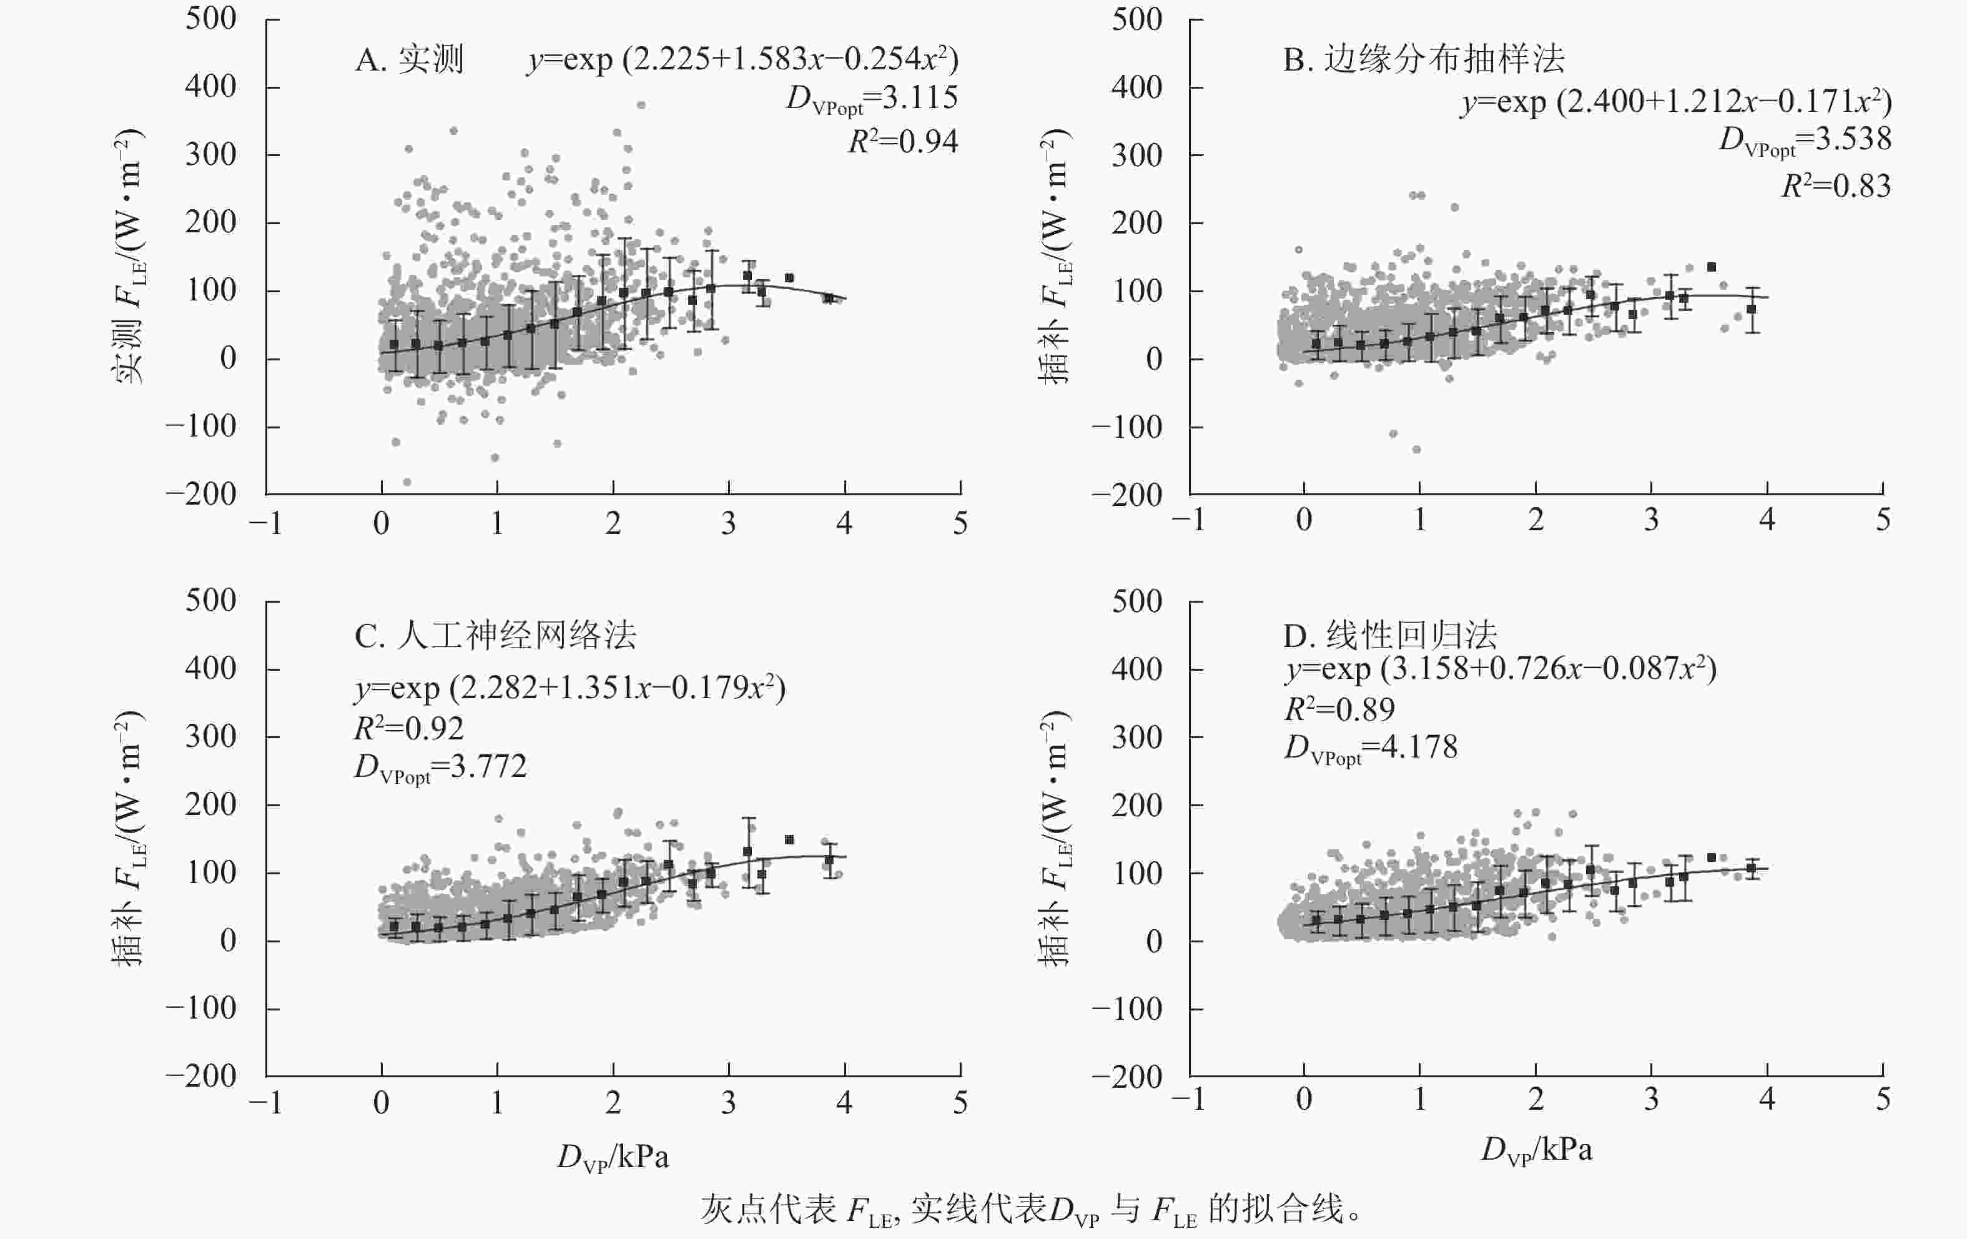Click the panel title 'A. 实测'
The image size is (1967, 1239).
[409, 59]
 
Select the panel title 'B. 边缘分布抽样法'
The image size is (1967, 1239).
[1424, 59]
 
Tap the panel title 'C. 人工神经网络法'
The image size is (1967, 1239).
[495, 636]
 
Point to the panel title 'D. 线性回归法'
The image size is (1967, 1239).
[1389, 636]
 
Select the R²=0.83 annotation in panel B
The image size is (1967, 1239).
[1835, 186]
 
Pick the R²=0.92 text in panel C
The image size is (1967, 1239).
[408, 728]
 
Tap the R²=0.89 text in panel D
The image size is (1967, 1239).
[1339, 709]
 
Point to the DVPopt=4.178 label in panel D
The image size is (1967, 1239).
[1370, 748]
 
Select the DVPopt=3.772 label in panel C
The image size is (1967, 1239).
[440, 767]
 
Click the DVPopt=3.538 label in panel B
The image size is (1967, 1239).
[1805, 140]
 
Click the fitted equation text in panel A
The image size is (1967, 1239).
[742, 59]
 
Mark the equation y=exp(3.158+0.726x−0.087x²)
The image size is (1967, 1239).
[1500, 669]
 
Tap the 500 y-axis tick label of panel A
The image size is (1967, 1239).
[211, 19]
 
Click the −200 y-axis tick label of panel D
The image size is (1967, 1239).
[1126, 1077]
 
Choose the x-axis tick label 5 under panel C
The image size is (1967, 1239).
[960, 1103]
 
